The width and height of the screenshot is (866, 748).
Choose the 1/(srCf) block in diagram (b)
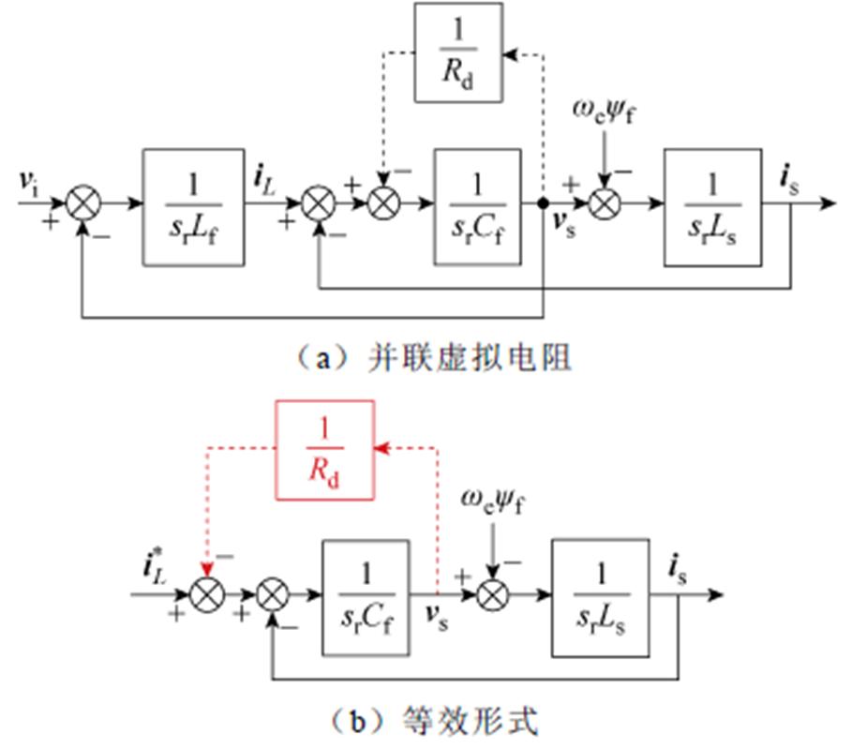(366, 597)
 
